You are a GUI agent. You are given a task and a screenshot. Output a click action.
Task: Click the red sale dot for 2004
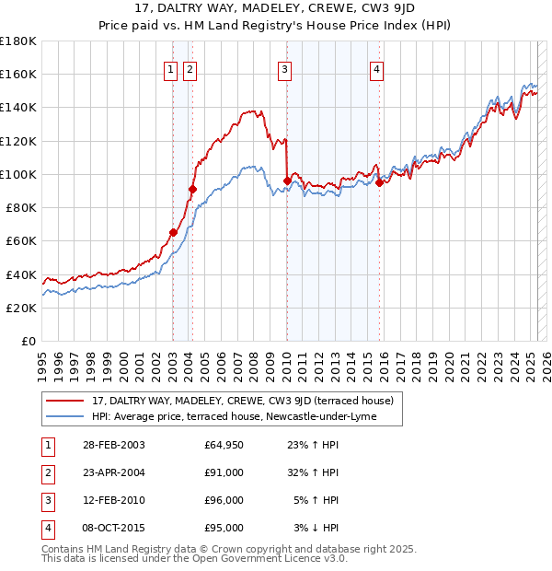coord(193,190)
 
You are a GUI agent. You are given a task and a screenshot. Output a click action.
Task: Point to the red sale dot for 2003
coord(173,233)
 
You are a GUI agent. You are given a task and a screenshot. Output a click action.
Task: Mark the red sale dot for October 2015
coord(380,182)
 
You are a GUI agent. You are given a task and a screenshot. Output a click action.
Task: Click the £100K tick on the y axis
coord(18,174)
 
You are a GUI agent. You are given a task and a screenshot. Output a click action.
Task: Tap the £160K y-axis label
coord(18,74)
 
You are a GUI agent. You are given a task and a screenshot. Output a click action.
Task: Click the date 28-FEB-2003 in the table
coord(114,446)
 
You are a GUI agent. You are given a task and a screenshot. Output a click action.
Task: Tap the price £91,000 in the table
coord(224,472)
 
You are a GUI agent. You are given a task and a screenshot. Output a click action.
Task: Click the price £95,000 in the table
coord(224,528)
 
